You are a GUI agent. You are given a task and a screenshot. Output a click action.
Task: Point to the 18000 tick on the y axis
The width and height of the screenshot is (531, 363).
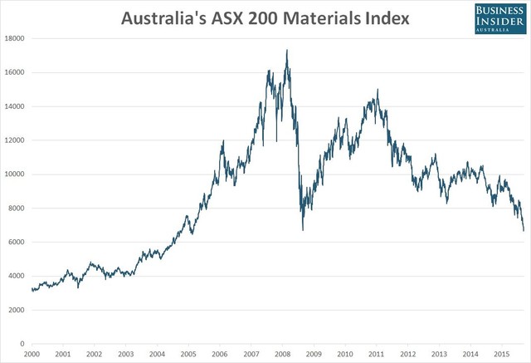coord(14,38)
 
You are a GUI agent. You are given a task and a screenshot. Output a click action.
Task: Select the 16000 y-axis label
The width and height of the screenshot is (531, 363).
coord(14,72)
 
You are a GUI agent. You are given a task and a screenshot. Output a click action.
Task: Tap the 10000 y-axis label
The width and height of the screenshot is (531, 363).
coord(14,174)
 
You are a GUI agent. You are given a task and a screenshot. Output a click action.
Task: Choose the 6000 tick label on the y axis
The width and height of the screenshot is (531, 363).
coord(17,242)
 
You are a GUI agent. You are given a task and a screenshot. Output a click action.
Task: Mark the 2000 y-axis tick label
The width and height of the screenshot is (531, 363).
coord(17,310)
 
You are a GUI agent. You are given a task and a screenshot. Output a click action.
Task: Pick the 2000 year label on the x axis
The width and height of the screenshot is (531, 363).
coord(32,354)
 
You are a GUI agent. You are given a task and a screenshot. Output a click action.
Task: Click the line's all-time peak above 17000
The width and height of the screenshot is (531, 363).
coord(287,50)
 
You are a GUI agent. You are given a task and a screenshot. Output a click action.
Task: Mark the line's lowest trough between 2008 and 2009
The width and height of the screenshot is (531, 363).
coord(303,230)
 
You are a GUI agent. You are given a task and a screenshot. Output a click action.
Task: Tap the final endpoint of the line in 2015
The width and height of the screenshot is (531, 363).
coord(524,231)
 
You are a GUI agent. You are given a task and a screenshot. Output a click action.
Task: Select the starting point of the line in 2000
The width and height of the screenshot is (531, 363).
coord(32,289)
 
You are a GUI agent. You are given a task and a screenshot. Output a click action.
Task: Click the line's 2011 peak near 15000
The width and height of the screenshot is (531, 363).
coord(378,90)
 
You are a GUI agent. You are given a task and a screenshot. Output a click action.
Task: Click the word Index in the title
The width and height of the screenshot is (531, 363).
coord(385,17)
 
